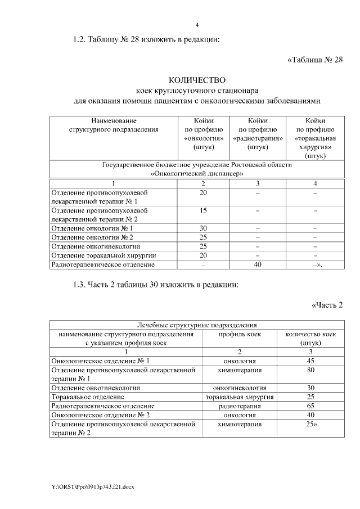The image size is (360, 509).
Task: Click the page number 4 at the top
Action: tap(197, 24)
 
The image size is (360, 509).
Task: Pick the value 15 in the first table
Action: tap(203, 210)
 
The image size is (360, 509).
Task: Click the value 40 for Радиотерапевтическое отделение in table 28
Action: tap(257, 264)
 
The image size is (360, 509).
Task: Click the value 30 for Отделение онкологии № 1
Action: tap(203, 228)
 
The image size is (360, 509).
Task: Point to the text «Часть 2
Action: tap(327, 305)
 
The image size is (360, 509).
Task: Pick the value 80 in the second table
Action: tap(310, 370)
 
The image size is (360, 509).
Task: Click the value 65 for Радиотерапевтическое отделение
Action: tap(310, 406)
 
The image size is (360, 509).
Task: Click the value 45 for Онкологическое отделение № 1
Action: tap(310, 361)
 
